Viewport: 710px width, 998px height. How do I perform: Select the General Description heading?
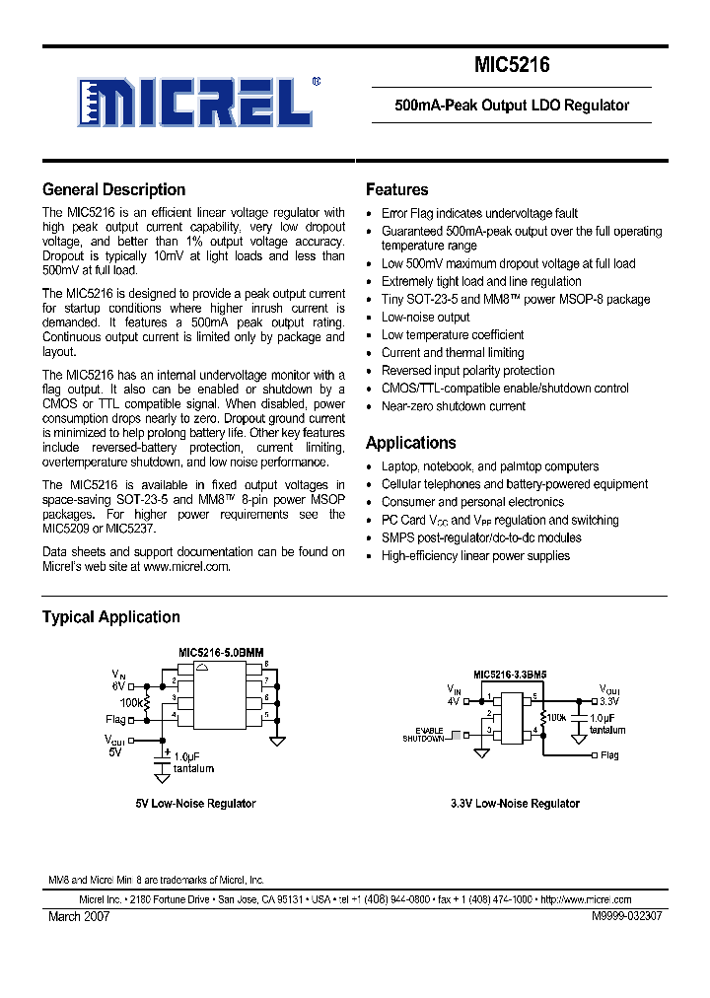113,190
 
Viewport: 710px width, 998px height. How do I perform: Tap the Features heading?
396,190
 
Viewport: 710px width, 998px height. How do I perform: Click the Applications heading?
410,443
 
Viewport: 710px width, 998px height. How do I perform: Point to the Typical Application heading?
110,617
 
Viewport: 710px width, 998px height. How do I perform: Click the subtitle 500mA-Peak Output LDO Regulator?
511,106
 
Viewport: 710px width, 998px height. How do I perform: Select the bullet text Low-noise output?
425,317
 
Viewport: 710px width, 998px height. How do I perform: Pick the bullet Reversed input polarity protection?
467,370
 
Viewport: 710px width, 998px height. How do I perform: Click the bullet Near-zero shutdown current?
453,405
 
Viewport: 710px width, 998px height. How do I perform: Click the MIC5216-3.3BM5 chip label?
510,676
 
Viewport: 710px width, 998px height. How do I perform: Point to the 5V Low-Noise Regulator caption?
195,804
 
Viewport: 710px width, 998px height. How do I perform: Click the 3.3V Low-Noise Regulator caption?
515,804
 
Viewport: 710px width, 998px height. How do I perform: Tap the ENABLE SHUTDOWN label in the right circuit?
423,735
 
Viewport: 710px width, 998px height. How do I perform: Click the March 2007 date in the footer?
79,916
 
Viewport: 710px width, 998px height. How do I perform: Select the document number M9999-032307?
626,916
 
